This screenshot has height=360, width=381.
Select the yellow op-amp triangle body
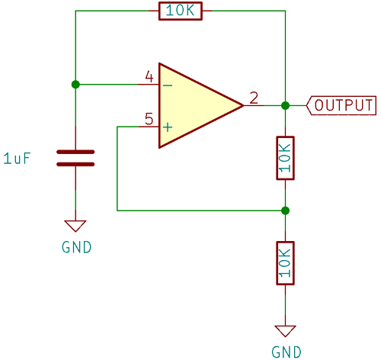[x=194, y=105]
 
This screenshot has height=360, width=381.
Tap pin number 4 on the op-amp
[x=149, y=77]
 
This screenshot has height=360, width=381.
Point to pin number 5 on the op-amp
[x=149, y=119]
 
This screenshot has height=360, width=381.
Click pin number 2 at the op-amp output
[x=254, y=98]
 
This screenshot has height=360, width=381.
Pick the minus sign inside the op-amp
[x=168, y=85]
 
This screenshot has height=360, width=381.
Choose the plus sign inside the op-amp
[x=168, y=127]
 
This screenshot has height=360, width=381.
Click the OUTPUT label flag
[x=341, y=105]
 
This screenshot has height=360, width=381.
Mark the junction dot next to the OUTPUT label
[x=284, y=105]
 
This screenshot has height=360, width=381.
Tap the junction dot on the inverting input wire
[x=75, y=85]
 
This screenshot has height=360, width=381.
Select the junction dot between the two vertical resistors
[x=284, y=210]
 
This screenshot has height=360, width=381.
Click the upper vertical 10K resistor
[x=284, y=158]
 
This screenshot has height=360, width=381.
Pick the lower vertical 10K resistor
[x=284, y=262]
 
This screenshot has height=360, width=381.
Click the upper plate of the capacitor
[x=75, y=152]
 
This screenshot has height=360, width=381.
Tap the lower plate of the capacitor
[x=75, y=164]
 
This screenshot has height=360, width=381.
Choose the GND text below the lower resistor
[x=287, y=352]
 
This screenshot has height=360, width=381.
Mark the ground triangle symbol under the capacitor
[x=75, y=226]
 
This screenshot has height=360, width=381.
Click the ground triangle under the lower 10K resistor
[x=284, y=331]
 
